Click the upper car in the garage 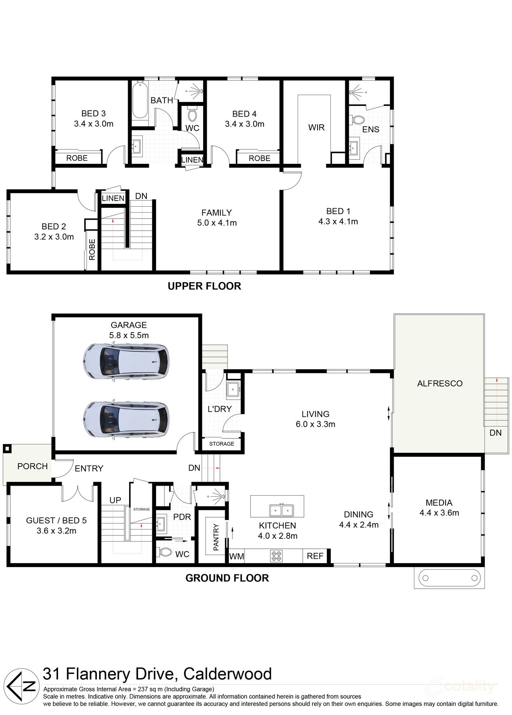(x=126, y=361)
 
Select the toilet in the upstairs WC (x=192, y=114)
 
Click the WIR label (x=316, y=127)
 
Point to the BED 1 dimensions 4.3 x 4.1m (x=338, y=221)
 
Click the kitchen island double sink (x=281, y=510)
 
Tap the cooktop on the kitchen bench (x=277, y=556)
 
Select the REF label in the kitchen (x=315, y=556)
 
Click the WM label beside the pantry (x=236, y=556)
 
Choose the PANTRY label (x=216, y=537)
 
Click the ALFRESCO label (x=440, y=384)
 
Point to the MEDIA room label (x=439, y=503)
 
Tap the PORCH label (x=32, y=466)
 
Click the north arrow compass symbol (x=22, y=686)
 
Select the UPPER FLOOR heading (x=204, y=286)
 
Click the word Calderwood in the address (x=227, y=674)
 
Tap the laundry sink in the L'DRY (x=233, y=388)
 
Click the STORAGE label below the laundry (x=222, y=444)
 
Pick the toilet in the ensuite (x=357, y=119)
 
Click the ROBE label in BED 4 (x=259, y=158)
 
